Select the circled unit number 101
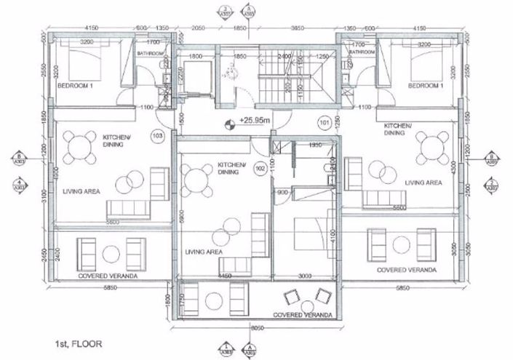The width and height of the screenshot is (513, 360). pyautogui.click(x=325, y=123)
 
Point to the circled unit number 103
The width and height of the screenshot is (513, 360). pyautogui.click(x=156, y=135)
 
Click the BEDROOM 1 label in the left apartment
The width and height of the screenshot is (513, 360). pyautogui.click(x=78, y=85)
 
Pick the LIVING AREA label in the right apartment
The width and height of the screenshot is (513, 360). pyautogui.click(x=423, y=183)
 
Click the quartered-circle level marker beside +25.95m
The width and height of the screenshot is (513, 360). pyautogui.click(x=231, y=123)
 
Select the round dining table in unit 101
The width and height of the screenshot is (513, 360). pyautogui.click(x=433, y=145)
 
